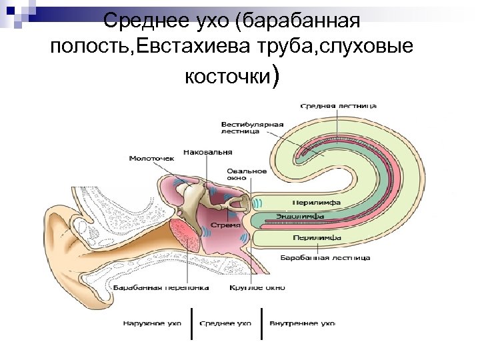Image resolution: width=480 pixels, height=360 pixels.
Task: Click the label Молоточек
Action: (x=151, y=159)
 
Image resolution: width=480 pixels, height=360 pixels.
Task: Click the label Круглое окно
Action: (x=257, y=288)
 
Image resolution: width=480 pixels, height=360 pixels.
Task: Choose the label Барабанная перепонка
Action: (x=161, y=288)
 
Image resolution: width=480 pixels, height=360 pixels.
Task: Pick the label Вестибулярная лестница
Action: (x=253, y=127)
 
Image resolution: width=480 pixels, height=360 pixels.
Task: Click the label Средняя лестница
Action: (x=338, y=105)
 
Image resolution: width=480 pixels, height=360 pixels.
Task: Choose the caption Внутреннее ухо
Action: (x=302, y=323)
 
